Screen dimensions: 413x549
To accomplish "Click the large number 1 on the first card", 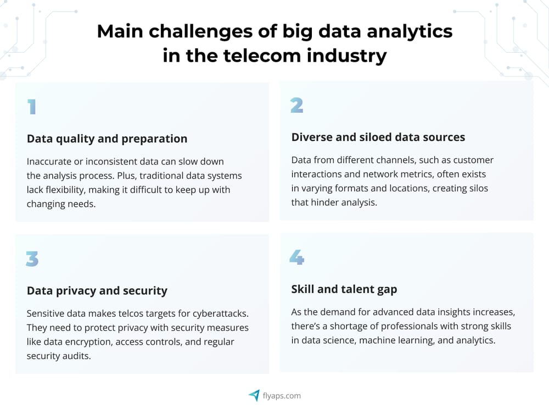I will pos(32,106).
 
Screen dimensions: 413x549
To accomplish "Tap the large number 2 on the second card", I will pos(297,105).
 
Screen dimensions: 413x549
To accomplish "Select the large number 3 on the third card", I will pos(32,258).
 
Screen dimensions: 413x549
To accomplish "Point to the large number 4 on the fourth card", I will pos(297,257).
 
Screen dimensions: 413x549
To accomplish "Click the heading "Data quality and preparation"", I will pos(107,139).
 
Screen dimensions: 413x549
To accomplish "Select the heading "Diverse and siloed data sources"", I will pos(378,137).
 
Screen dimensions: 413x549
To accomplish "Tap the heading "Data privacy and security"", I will pos(97,290).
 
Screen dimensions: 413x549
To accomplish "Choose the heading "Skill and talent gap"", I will pos(344,289).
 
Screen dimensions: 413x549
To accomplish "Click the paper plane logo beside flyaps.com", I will pos(254,395).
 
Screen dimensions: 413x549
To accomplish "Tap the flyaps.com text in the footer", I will pos(281,395).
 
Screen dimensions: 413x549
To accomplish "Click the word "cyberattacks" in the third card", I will pos(221,314).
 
